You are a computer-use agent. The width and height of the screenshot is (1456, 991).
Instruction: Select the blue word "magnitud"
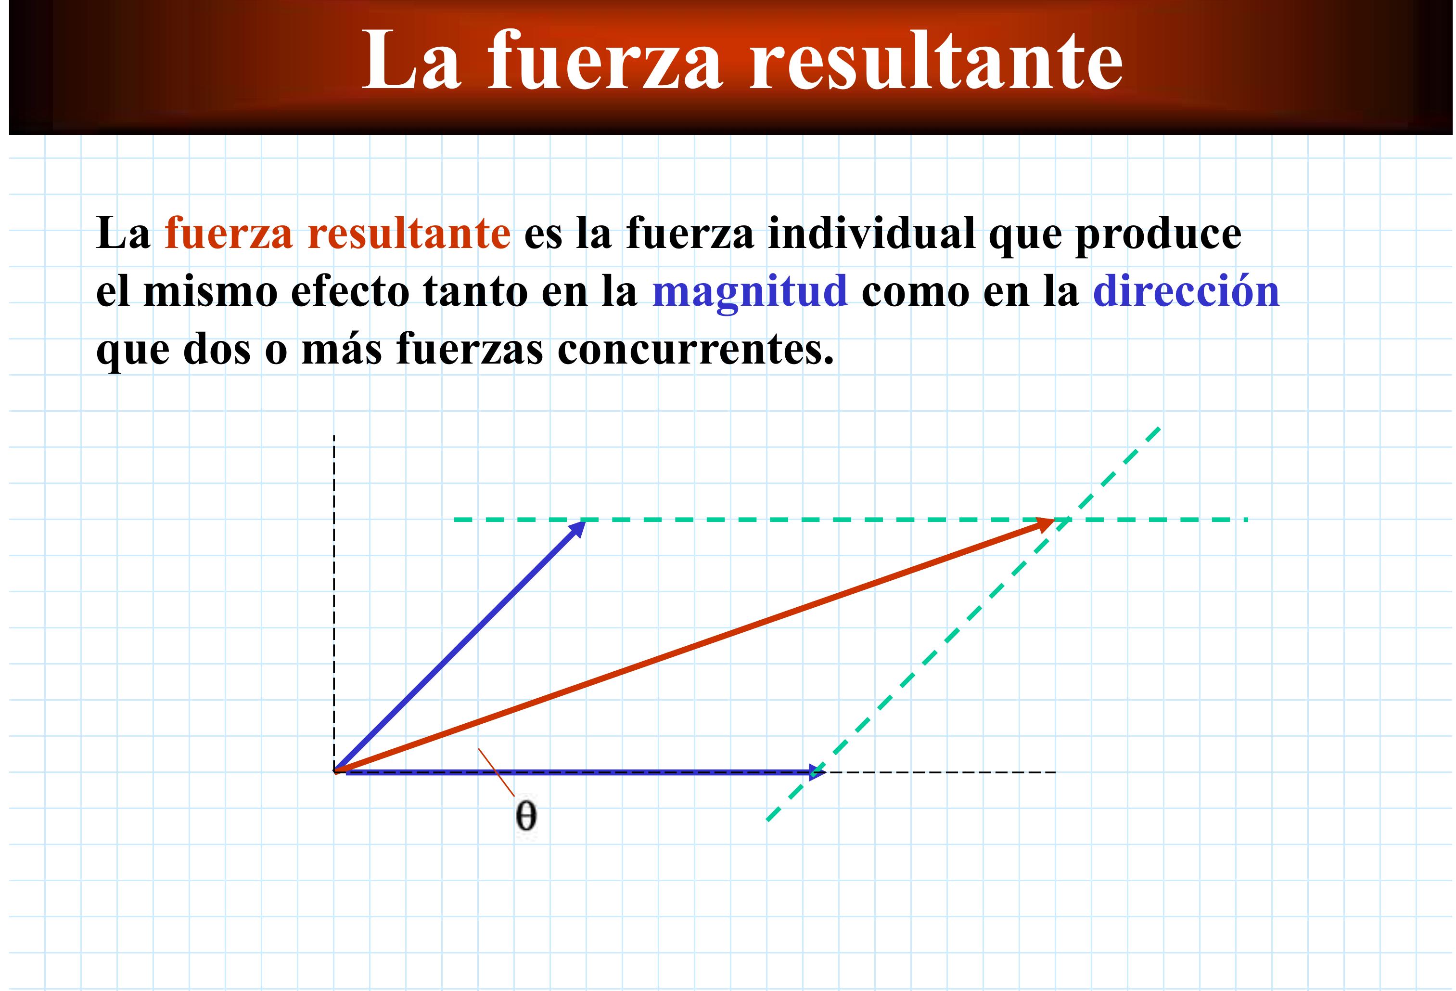point(750,293)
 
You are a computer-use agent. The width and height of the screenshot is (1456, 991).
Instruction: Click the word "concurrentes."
point(695,351)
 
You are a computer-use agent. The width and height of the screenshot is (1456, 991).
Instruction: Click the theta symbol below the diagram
point(525,816)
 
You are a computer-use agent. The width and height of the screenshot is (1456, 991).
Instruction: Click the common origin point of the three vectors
point(335,771)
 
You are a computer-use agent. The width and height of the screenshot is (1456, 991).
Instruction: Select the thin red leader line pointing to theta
point(496,772)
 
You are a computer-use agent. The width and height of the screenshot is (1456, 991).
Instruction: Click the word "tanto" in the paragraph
point(475,293)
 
